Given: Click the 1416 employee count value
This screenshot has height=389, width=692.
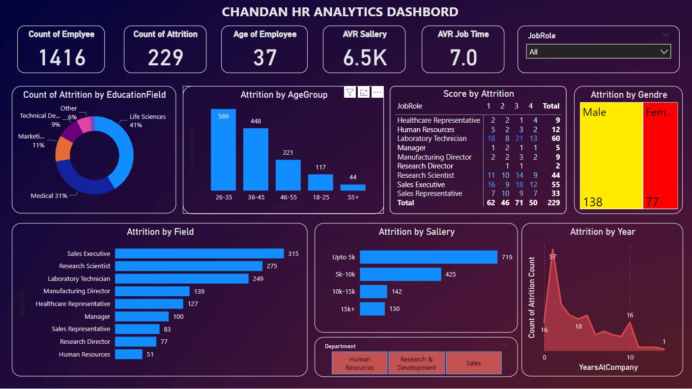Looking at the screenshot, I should [62, 57].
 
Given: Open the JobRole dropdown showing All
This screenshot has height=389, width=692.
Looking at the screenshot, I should [598, 52].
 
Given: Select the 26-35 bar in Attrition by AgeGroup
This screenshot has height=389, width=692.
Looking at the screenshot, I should [223, 150].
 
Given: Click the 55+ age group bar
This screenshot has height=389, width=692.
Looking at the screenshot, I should [352, 187].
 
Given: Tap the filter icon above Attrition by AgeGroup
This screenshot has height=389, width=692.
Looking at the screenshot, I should [349, 92].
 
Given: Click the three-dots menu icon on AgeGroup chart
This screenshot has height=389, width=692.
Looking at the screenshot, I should [377, 92].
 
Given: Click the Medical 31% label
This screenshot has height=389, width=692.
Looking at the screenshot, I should [49, 195].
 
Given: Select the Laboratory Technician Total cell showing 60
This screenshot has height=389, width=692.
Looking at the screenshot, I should [555, 139].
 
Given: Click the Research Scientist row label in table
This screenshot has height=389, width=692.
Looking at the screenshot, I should [426, 175].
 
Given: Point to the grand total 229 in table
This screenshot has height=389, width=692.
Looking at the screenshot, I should [554, 202].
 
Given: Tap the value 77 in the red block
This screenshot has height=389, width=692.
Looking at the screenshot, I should [653, 202].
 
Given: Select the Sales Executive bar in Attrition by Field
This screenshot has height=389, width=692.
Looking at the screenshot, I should [199, 253].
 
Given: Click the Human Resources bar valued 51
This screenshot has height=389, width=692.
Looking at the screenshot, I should [129, 354].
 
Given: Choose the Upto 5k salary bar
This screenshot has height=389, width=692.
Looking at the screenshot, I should [428, 257].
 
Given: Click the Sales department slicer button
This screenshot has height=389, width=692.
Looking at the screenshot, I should [473, 363].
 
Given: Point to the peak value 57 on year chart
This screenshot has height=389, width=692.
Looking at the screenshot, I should [553, 257].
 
